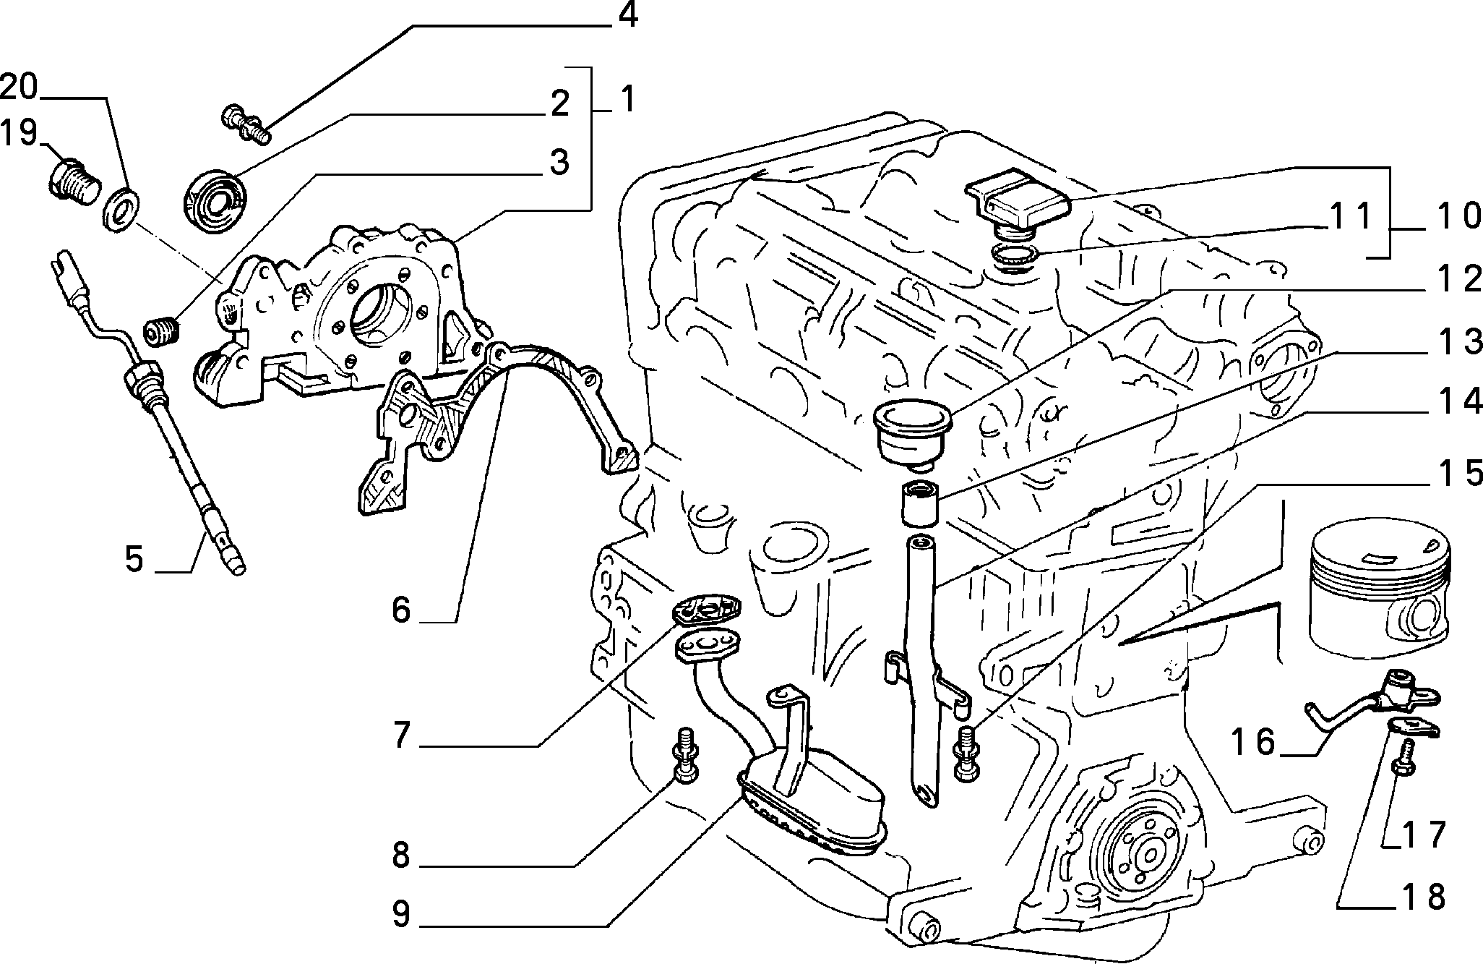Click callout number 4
627,15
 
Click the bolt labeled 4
244,121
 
